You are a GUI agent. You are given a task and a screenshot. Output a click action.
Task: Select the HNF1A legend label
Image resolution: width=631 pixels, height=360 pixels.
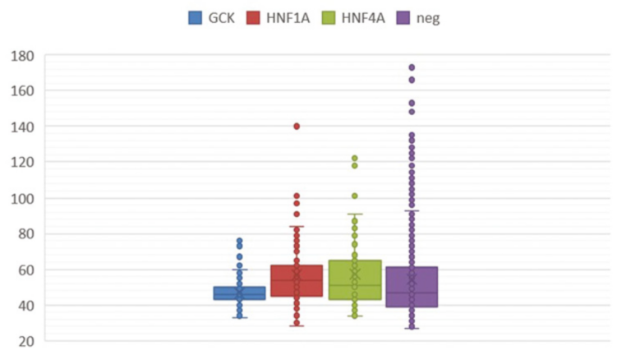(289, 17)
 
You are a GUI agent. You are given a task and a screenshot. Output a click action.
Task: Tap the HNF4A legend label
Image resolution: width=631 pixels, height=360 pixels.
(364, 17)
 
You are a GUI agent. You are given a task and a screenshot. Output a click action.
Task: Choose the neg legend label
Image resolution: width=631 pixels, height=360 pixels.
(428, 17)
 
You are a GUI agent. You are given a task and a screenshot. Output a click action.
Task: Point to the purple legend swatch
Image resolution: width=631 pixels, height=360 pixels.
(404, 17)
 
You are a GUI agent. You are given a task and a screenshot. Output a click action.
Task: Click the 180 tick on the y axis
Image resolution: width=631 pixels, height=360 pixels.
(22, 56)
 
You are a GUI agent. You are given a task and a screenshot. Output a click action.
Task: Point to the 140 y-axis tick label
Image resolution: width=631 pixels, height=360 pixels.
(22, 127)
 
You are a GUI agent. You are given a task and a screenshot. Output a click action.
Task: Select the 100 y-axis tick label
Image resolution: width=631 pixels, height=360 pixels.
(22, 198)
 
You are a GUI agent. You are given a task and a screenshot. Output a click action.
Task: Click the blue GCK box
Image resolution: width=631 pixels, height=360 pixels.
(239, 293)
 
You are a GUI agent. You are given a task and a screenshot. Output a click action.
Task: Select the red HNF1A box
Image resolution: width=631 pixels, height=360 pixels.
(297, 280)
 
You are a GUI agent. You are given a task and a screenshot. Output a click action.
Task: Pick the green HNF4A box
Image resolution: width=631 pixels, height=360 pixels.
(354, 279)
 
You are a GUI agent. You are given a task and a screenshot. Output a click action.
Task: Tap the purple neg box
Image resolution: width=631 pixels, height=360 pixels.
(412, 287)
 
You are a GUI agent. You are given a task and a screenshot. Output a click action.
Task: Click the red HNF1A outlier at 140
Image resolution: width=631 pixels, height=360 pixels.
(297, 126)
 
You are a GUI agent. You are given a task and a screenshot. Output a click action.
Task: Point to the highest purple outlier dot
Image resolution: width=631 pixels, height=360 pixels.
(412, 67)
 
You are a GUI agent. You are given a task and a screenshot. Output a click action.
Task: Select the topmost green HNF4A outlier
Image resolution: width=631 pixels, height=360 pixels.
(354, 158)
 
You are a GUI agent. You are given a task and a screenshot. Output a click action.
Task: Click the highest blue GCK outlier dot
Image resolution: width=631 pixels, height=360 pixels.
(239, 241)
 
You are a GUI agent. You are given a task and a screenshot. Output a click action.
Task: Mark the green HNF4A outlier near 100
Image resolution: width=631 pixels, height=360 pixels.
(354, 196)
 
